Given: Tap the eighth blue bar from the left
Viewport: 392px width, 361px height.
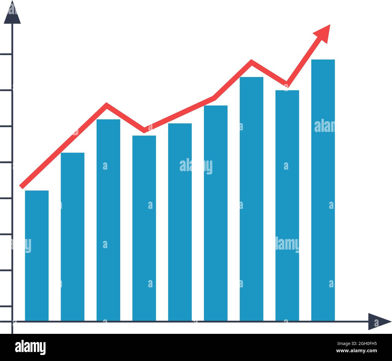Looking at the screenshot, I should (x=287, y=205).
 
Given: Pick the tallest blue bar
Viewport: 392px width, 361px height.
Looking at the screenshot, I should (x=323, y=190).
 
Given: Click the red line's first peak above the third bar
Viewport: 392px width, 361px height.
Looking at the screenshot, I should (x=106, y=105).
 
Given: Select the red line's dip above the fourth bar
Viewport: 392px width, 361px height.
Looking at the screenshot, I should (x=144, y=131).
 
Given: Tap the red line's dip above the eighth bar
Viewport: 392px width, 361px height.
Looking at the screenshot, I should (x=286, y=84).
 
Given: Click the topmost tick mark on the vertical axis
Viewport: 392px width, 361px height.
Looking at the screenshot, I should (x=6, y=54).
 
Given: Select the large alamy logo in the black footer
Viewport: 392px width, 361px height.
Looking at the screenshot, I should (x=30, y=347).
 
